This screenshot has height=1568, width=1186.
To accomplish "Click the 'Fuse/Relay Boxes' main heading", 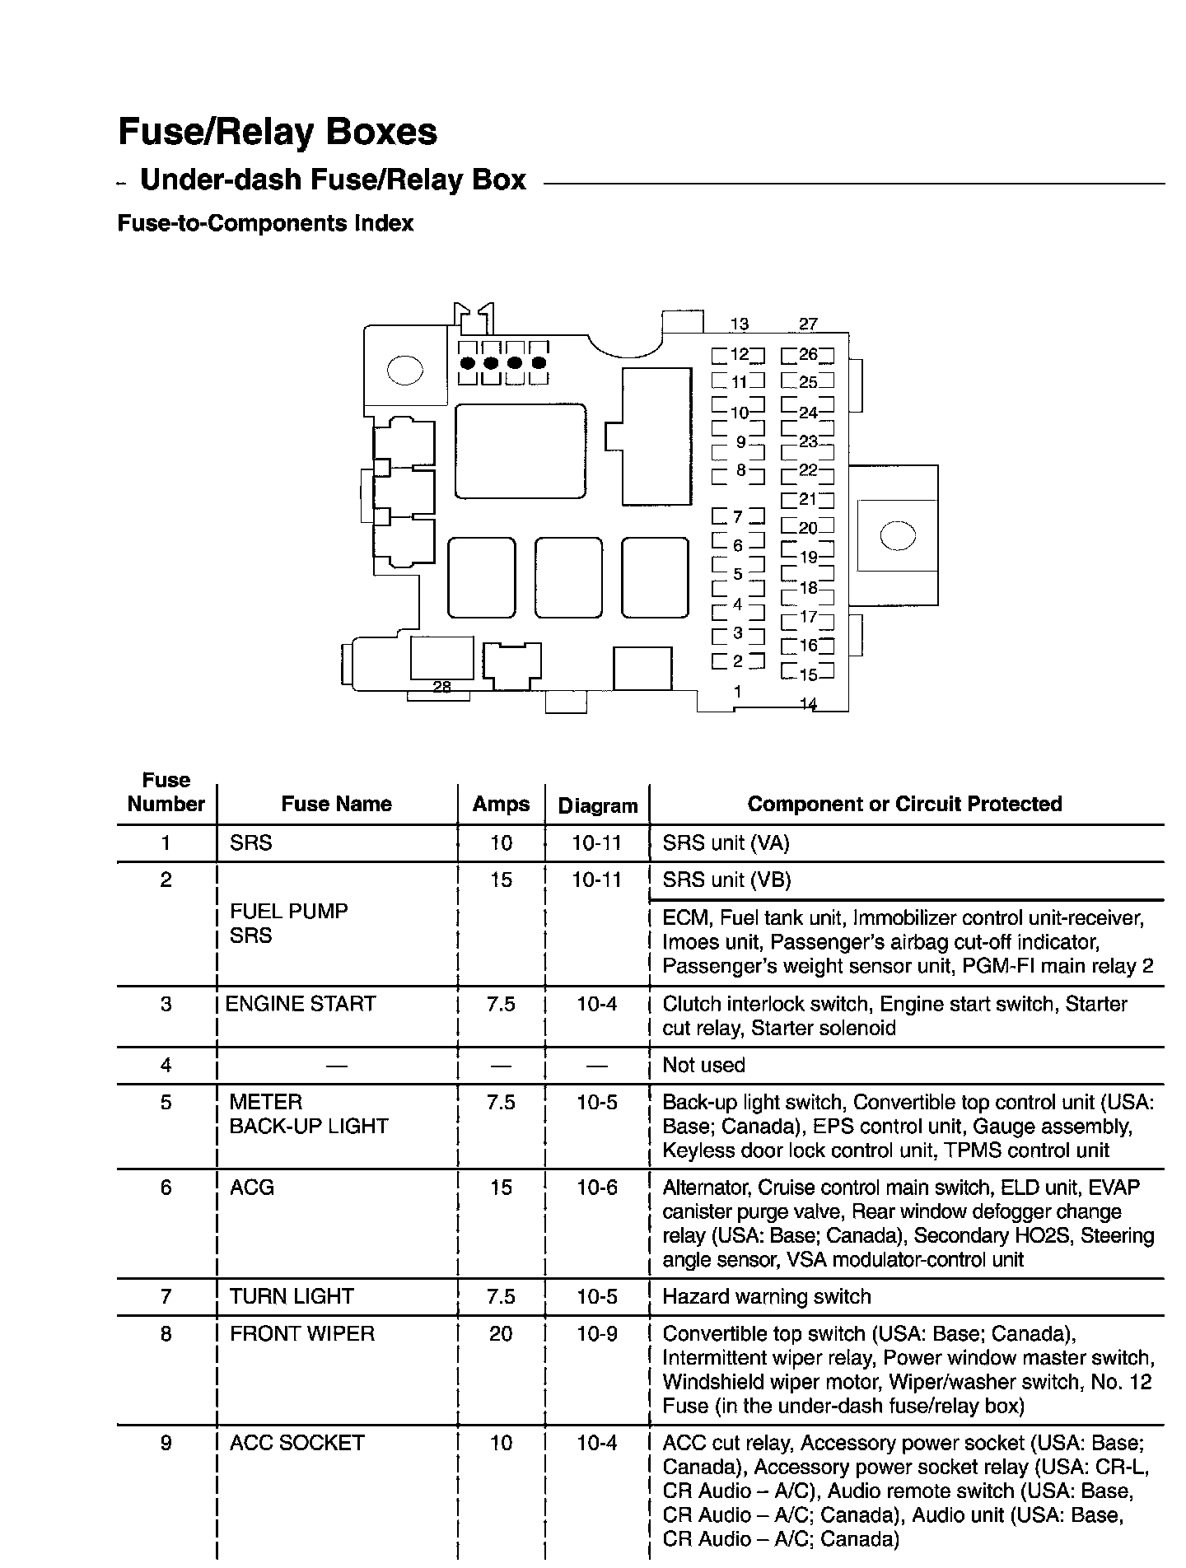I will pos(278,132).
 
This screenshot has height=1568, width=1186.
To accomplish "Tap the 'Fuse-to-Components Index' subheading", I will pos(265,223).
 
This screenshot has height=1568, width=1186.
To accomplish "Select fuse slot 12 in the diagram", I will pos(738,355).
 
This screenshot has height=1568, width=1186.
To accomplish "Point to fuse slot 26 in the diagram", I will pos(807,355).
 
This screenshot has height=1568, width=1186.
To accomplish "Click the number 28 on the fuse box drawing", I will pos(441,687).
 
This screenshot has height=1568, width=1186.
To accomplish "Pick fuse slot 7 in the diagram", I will pos(738,517).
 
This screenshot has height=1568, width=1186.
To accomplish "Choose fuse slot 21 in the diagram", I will pos(807,499).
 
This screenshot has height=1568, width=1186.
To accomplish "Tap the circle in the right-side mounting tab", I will pos(897,536).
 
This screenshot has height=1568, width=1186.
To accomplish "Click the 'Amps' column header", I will pos(501,804).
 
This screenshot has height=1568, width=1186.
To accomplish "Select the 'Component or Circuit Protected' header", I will pos(904,804).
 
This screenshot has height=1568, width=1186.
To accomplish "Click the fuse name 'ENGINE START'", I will pos(301,1004).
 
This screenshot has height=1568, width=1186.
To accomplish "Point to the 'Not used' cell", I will pos(703,1065).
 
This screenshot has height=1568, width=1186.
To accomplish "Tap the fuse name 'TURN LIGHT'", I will pos(292,1296).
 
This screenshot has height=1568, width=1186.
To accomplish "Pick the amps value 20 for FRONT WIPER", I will pos(501,1333).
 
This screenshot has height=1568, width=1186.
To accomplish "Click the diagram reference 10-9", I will pos(597,1333).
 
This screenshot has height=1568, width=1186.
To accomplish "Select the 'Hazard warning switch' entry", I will pos(766,1297).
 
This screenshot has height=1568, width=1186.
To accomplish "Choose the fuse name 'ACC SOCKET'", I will pos(296,1443).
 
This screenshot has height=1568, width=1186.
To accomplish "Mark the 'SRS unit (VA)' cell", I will pos(726,842).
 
